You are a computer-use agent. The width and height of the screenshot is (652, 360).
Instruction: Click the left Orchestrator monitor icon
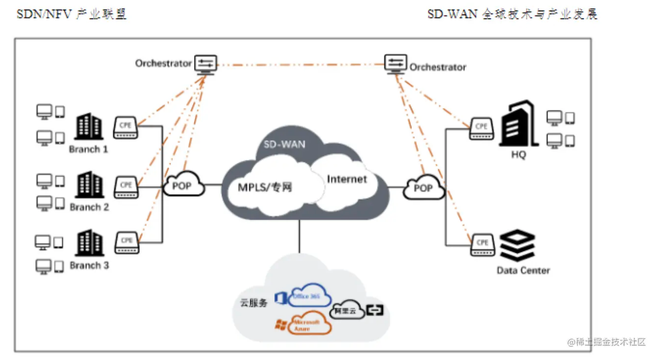(206, 65)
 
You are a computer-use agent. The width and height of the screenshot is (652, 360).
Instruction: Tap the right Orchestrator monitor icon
(395, 64)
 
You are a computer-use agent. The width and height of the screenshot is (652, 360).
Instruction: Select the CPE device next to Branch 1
(126, 127)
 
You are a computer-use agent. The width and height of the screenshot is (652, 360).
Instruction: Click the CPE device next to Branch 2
(126, 187)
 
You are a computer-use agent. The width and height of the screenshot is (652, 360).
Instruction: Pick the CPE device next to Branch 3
(127, 243)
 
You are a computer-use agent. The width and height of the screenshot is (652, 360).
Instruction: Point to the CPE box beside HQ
(481, 129)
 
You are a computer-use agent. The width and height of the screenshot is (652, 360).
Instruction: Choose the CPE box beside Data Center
(483, 245)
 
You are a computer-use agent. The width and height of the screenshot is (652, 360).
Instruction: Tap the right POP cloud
(423, 188)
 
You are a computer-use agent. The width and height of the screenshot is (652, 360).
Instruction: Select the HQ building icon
(518, 124)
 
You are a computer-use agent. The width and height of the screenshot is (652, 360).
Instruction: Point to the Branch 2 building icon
(89, 185)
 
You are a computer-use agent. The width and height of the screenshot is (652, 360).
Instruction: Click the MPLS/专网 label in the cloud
(264, 188)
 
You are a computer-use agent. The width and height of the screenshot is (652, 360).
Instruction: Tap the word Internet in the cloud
(347, 179)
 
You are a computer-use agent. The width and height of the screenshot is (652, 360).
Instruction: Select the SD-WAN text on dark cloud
(285, 144)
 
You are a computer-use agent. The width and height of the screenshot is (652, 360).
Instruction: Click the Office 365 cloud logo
(308, 296)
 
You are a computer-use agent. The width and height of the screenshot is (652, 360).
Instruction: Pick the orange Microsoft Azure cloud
(308, 324)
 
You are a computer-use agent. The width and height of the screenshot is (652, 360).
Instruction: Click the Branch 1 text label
(89, 149)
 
